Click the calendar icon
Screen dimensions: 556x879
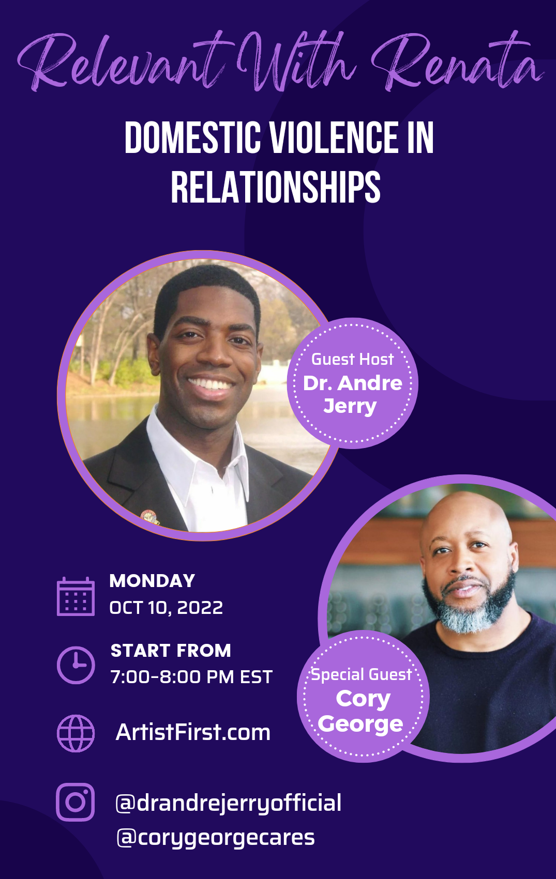[x=76, y=596]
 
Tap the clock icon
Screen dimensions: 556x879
[x=76, y=665]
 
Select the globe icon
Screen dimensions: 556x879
[x=76, y=733]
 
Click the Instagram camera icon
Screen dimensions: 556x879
[x=76, y=802]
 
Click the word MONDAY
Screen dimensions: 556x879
[x=153, y=581]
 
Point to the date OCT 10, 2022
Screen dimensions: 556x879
[x=166, y=608]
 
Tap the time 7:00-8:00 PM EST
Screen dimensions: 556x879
[x=191, y=677]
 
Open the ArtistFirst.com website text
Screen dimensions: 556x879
[x=193, y=732]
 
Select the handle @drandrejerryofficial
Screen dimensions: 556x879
[x=229, y=803]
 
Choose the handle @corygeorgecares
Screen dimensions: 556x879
[x=216, y=838]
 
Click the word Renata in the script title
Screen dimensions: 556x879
[x=457, y=63]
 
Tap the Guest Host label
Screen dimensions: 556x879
[x=353, y=360]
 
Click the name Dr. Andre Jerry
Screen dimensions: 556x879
[x=352, y=395]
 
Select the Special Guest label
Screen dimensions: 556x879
[x=361, y=675]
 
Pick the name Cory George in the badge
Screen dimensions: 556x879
[x=361, y=711]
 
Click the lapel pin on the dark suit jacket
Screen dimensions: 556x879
[x=150, y=517]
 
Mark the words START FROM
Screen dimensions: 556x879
[x=171, y=651]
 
